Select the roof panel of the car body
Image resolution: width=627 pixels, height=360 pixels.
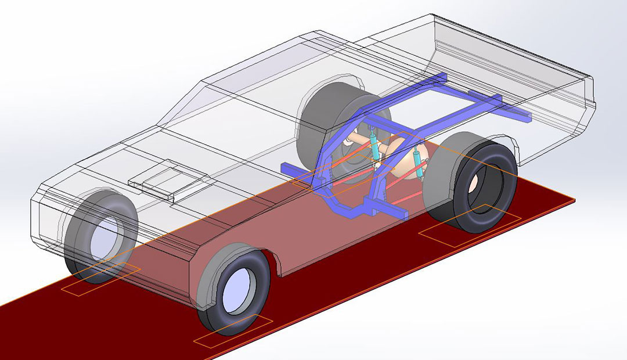click(x=273, y=70)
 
